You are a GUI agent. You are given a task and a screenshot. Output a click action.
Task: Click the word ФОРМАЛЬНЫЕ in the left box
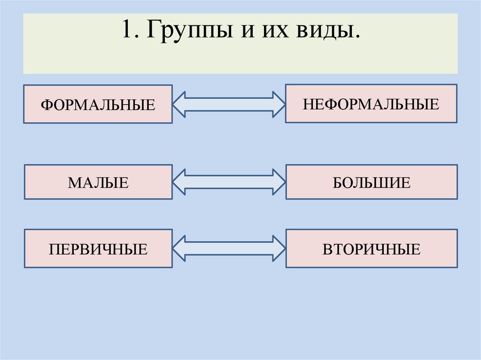point(98,104)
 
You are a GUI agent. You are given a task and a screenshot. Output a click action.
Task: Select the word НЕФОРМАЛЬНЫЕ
point(371,104)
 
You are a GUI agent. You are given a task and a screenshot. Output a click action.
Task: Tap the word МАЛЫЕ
point(98,182)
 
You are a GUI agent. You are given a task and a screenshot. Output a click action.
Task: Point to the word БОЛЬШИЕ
point(372,182)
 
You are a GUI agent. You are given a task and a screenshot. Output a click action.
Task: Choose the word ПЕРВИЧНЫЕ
point(98,249)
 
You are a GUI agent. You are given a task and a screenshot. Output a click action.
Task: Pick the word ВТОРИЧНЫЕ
point(371,249)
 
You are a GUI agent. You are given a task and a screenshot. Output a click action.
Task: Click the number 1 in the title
point(125,31)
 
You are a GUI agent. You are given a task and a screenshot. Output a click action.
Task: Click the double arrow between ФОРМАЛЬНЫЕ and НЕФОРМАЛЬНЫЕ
point(229,104)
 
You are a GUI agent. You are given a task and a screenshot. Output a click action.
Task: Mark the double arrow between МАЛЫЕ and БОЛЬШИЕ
point(229,182)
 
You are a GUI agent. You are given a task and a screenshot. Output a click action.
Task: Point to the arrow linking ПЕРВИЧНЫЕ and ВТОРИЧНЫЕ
point(229,249)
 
